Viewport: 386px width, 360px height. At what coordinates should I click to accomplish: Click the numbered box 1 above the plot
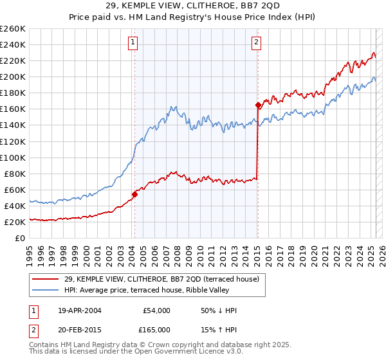pos(133,43)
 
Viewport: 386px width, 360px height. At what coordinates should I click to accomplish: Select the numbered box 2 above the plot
pos(256,43)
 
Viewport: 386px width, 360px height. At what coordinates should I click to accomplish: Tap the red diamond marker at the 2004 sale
pos(135,194)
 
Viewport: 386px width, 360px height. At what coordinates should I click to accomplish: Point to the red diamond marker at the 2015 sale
pos(258,105)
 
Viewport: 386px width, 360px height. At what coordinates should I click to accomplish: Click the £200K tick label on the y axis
pos(13,76)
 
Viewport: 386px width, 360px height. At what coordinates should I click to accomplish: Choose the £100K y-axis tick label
pos(13,157)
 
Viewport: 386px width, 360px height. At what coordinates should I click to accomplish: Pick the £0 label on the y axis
pos(20,238)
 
